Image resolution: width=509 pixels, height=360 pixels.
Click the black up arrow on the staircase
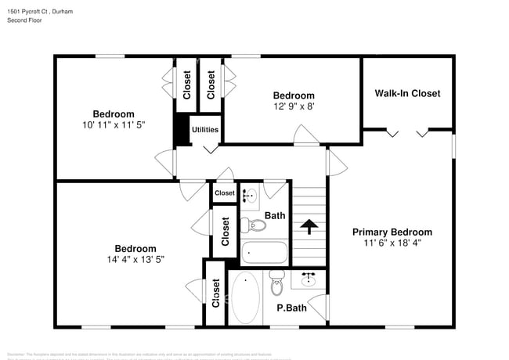point(309,227)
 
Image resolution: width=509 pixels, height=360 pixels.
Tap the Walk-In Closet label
point(407,93)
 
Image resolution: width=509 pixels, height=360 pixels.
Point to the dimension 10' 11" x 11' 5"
point(114,125)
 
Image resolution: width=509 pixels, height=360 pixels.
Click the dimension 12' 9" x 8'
point(294,106)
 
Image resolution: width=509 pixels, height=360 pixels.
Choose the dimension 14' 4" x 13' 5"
point(135,260)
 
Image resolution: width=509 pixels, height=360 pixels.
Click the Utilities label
point(205,130)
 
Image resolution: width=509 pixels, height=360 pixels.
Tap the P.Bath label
point(291,308)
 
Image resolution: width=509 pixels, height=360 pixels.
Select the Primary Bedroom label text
point(392,232)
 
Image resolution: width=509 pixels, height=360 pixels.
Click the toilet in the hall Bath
point(254,225)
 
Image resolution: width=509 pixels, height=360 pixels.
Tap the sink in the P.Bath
point(309,279)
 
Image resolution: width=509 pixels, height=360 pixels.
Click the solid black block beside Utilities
point(181,130)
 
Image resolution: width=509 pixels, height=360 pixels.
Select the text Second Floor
point(25,20)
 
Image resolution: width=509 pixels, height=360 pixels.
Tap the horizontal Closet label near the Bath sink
point(225,193)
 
